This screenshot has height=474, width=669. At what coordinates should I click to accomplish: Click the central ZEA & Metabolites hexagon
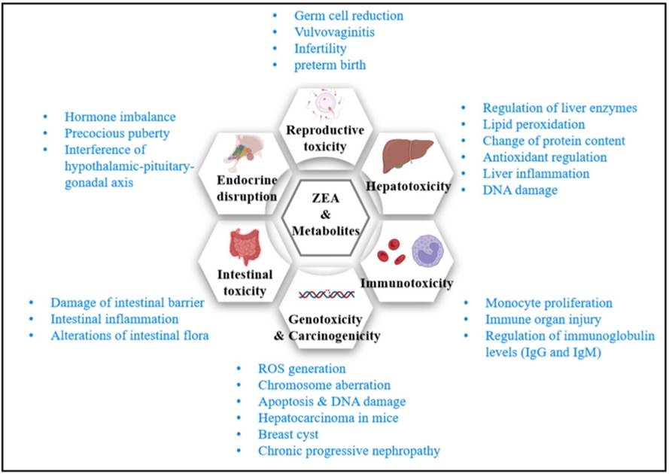point(324,212)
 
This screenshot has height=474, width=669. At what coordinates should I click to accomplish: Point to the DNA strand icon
point(327,295)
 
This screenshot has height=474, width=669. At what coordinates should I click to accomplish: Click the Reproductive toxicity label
point(325,138)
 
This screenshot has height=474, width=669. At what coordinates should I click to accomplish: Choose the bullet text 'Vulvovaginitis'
point(335,32)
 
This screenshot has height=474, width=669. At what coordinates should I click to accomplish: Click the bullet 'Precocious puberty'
point(117,133)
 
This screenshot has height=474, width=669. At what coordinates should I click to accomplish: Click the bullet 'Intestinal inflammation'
point(114,319)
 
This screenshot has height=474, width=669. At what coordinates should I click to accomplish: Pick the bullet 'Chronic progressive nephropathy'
point(348,451)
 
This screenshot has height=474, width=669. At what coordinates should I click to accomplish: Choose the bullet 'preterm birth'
point(330,65)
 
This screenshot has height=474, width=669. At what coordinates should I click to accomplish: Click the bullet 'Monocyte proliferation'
point(549,302)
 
